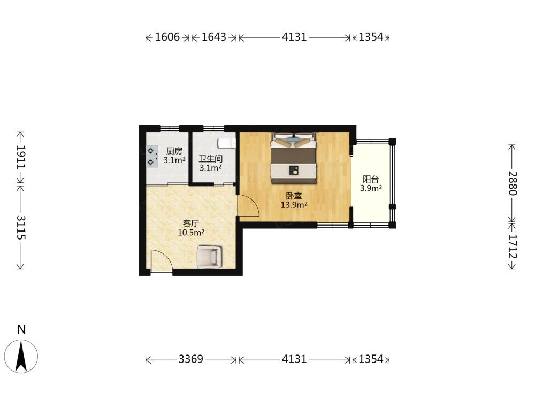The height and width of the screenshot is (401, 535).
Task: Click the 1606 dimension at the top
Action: (x=167, y=37)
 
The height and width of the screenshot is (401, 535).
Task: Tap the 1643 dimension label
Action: (x=214, y=37)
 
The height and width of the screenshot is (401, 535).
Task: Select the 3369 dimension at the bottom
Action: (x=191, y=359)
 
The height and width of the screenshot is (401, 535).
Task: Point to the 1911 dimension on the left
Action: (x=21, y=157)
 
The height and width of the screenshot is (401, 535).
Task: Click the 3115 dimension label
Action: (x=21, y=227)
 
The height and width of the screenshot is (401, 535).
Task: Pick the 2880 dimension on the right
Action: (x=513, y=183)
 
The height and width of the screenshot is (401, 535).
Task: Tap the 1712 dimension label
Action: (x=513, y=246)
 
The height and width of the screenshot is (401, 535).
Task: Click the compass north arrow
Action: (x=21, y=357)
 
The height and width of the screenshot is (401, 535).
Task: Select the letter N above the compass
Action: (x=21, y=329)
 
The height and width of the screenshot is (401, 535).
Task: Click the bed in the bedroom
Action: (x=294, y=158)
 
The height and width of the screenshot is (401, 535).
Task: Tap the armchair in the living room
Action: (x=210, y=257)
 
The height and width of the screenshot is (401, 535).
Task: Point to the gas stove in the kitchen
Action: (x=152, y=157)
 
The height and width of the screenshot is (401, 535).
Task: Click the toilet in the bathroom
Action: (x=227, y=143)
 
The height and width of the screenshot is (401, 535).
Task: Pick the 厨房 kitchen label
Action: (x=174, y=151)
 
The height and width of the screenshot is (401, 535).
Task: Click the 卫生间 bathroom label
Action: (x=210, y=159)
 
